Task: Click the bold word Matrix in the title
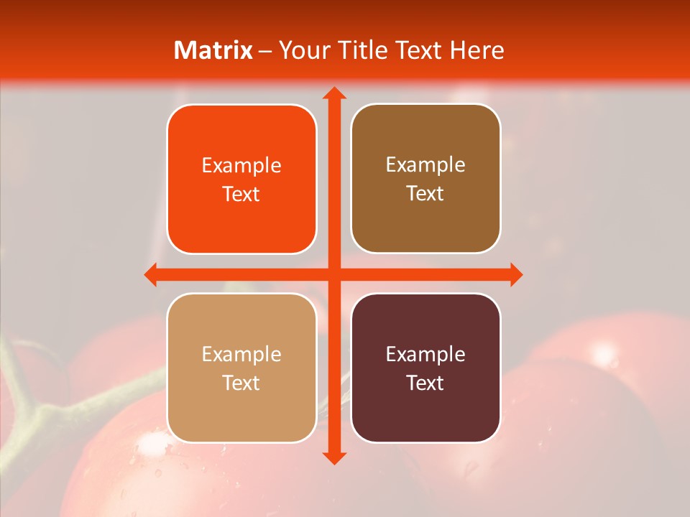click(213, 50)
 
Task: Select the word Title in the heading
click(356, 50)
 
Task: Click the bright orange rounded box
click(241, 179)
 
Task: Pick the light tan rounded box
click(241, 368)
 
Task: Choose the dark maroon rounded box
click(425, 368)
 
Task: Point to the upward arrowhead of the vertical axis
click(333, 93)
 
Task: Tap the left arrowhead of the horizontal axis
click(151, 274)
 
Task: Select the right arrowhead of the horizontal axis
click(515, 274)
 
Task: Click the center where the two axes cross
click(333, 274)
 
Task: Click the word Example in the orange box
click(241, 166)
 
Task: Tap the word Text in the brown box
click(425, 194)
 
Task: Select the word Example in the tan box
click(241, 355)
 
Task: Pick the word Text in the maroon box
click(425, 383)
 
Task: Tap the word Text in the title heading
click(420, 50)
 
